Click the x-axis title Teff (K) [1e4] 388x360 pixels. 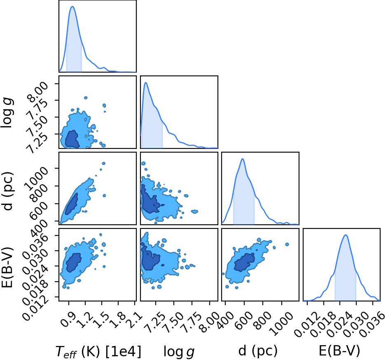(98, 351)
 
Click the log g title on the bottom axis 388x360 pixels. (179, 352)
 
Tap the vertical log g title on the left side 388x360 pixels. (7, 113)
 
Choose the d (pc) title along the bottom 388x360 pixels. (258, 351)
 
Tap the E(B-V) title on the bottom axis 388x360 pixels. (339, 351)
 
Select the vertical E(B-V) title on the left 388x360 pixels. (7, 267)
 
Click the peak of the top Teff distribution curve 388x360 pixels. (72, 7)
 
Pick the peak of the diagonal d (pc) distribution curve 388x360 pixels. (243, 159)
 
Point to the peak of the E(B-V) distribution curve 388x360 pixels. (346, 235)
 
